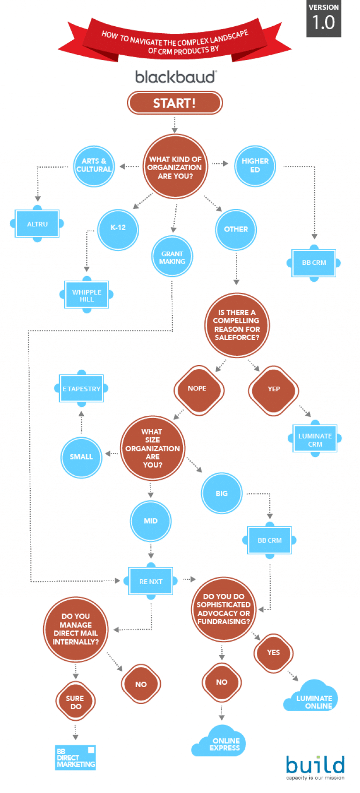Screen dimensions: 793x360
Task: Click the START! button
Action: pos(174,103)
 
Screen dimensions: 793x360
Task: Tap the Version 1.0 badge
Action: pos(323,19)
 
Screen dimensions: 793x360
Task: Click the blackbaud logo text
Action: pos(176,77)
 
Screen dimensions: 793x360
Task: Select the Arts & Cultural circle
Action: pos(94,166)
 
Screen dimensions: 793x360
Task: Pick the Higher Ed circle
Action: pos(255,165)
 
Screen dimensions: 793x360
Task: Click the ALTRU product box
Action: pos(37,224)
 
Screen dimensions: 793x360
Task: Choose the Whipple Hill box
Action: pos(86,295)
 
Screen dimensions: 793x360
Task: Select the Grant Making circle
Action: pos(172,257)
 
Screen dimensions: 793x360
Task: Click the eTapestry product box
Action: pos(82,389)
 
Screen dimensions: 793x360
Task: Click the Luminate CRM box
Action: pos(315,439)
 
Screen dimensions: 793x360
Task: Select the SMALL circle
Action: pos(81,457)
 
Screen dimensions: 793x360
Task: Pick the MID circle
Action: pos(150,521)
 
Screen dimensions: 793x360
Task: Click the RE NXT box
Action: pos(150,581)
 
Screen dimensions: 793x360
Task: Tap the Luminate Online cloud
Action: pos(312,698)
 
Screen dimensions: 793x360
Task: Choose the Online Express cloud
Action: pos(220,742)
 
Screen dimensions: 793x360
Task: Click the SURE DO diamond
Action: pos(75,702)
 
